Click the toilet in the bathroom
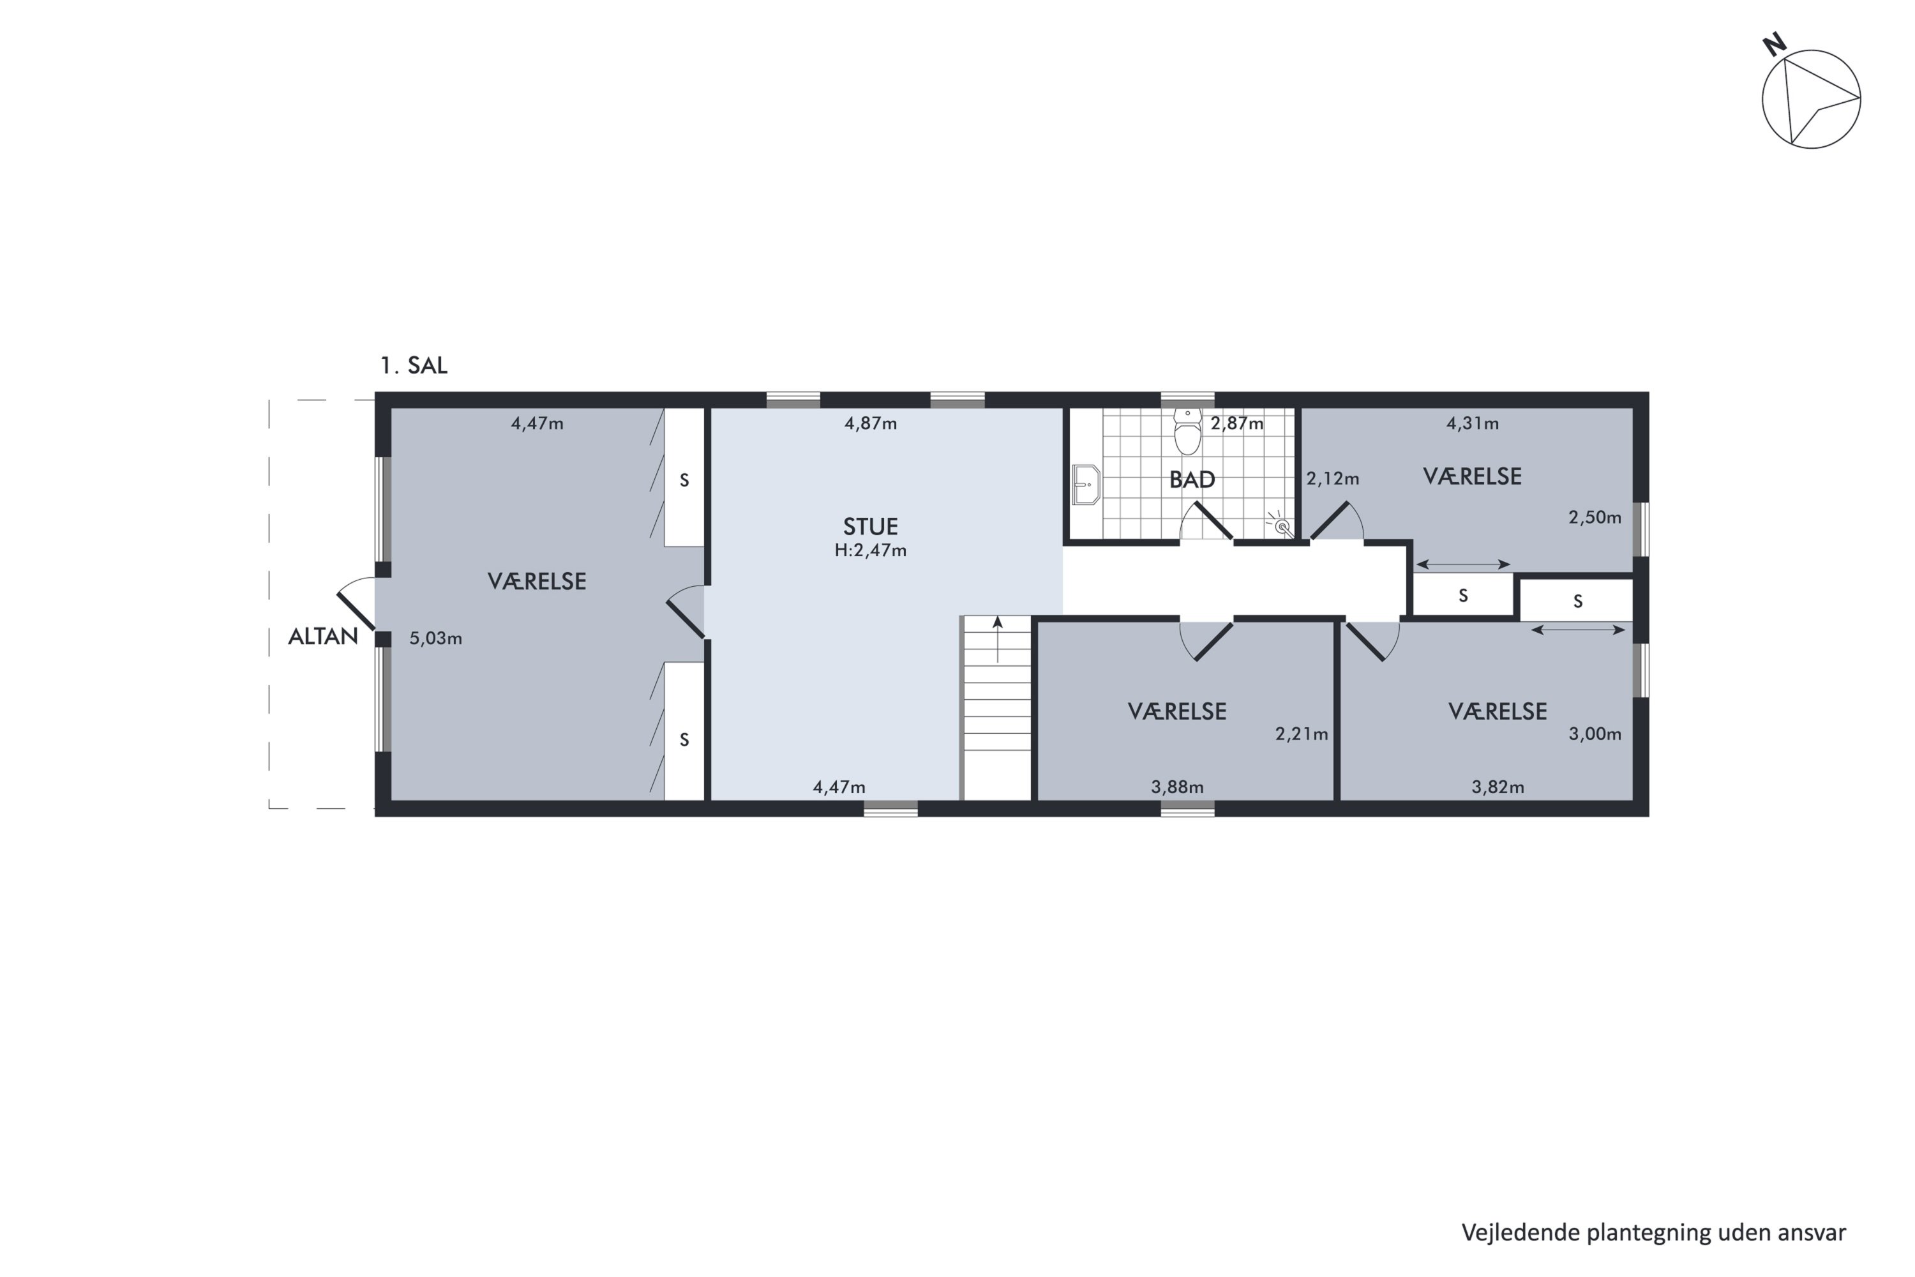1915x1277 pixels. tap(1188, 431)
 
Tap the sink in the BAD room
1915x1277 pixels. tap(1086, 485)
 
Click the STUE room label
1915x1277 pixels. tap(871, 526)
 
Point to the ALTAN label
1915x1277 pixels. tap(323, 637)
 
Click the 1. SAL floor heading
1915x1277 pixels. tap(414, 366)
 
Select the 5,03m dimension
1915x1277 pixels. tap(435, 638)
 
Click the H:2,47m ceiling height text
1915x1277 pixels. tap(871, 550)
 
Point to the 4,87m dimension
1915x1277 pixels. tap(871, 423)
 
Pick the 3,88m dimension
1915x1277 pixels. tap(1177, 787)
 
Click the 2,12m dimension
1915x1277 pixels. tap(1333, 479)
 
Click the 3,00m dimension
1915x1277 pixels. tap(1595, 734)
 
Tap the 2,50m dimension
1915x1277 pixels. tap(1595, 517)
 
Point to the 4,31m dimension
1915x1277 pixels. tap(1473, 423)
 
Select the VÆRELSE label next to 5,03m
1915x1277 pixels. tap(537, 582)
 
